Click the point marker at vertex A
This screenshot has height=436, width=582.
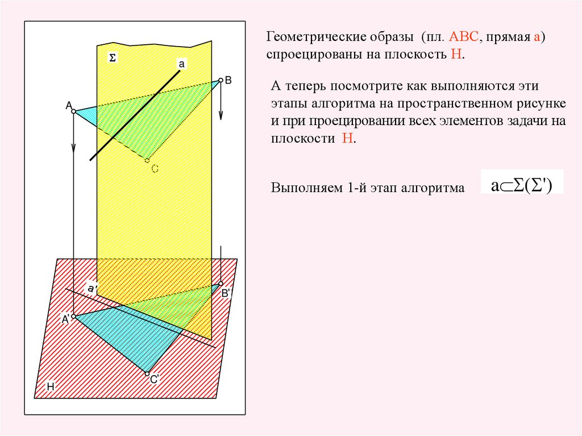click(x=73, y=111)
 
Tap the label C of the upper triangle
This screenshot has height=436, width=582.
click(x=155, y=168)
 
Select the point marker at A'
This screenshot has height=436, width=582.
click(x=73, y=316)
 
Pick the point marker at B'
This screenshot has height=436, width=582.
click(x=221, y=284)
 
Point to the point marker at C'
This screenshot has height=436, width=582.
click(x=147, y=373)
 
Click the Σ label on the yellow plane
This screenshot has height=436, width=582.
click(x=112, y=58)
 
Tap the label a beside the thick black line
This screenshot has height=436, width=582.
click(x=182, y=64)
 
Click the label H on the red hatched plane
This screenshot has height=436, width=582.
click(x=50, y=387)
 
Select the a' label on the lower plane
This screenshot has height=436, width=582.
click(x=91, y=289)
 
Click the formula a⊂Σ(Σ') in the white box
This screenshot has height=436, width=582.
click(x=521, y=185)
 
